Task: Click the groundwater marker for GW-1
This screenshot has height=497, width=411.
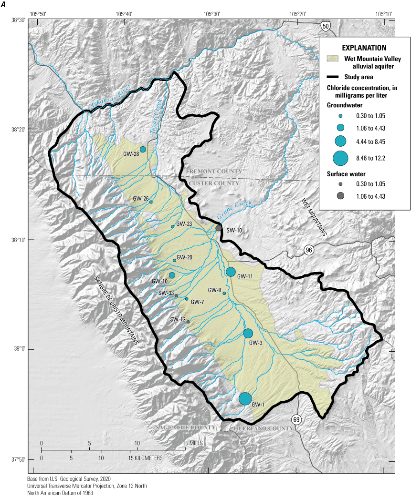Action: tap(245, 399)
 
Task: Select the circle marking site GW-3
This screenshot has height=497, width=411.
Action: tap(248, 334)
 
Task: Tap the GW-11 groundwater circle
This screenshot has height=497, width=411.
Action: tap(231, 272)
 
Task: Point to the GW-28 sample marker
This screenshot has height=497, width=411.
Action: tap(143, 150)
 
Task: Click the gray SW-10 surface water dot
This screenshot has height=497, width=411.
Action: tap(219, 228)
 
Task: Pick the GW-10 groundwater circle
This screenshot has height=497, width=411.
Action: tap(172, 275)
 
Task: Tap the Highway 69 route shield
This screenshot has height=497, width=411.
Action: tap(296, 418)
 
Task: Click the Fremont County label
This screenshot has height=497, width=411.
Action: tap(214, 172)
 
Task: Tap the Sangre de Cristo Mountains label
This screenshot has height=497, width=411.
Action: tap(117, 310)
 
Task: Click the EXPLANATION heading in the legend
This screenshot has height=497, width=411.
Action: tap(364, 48)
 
